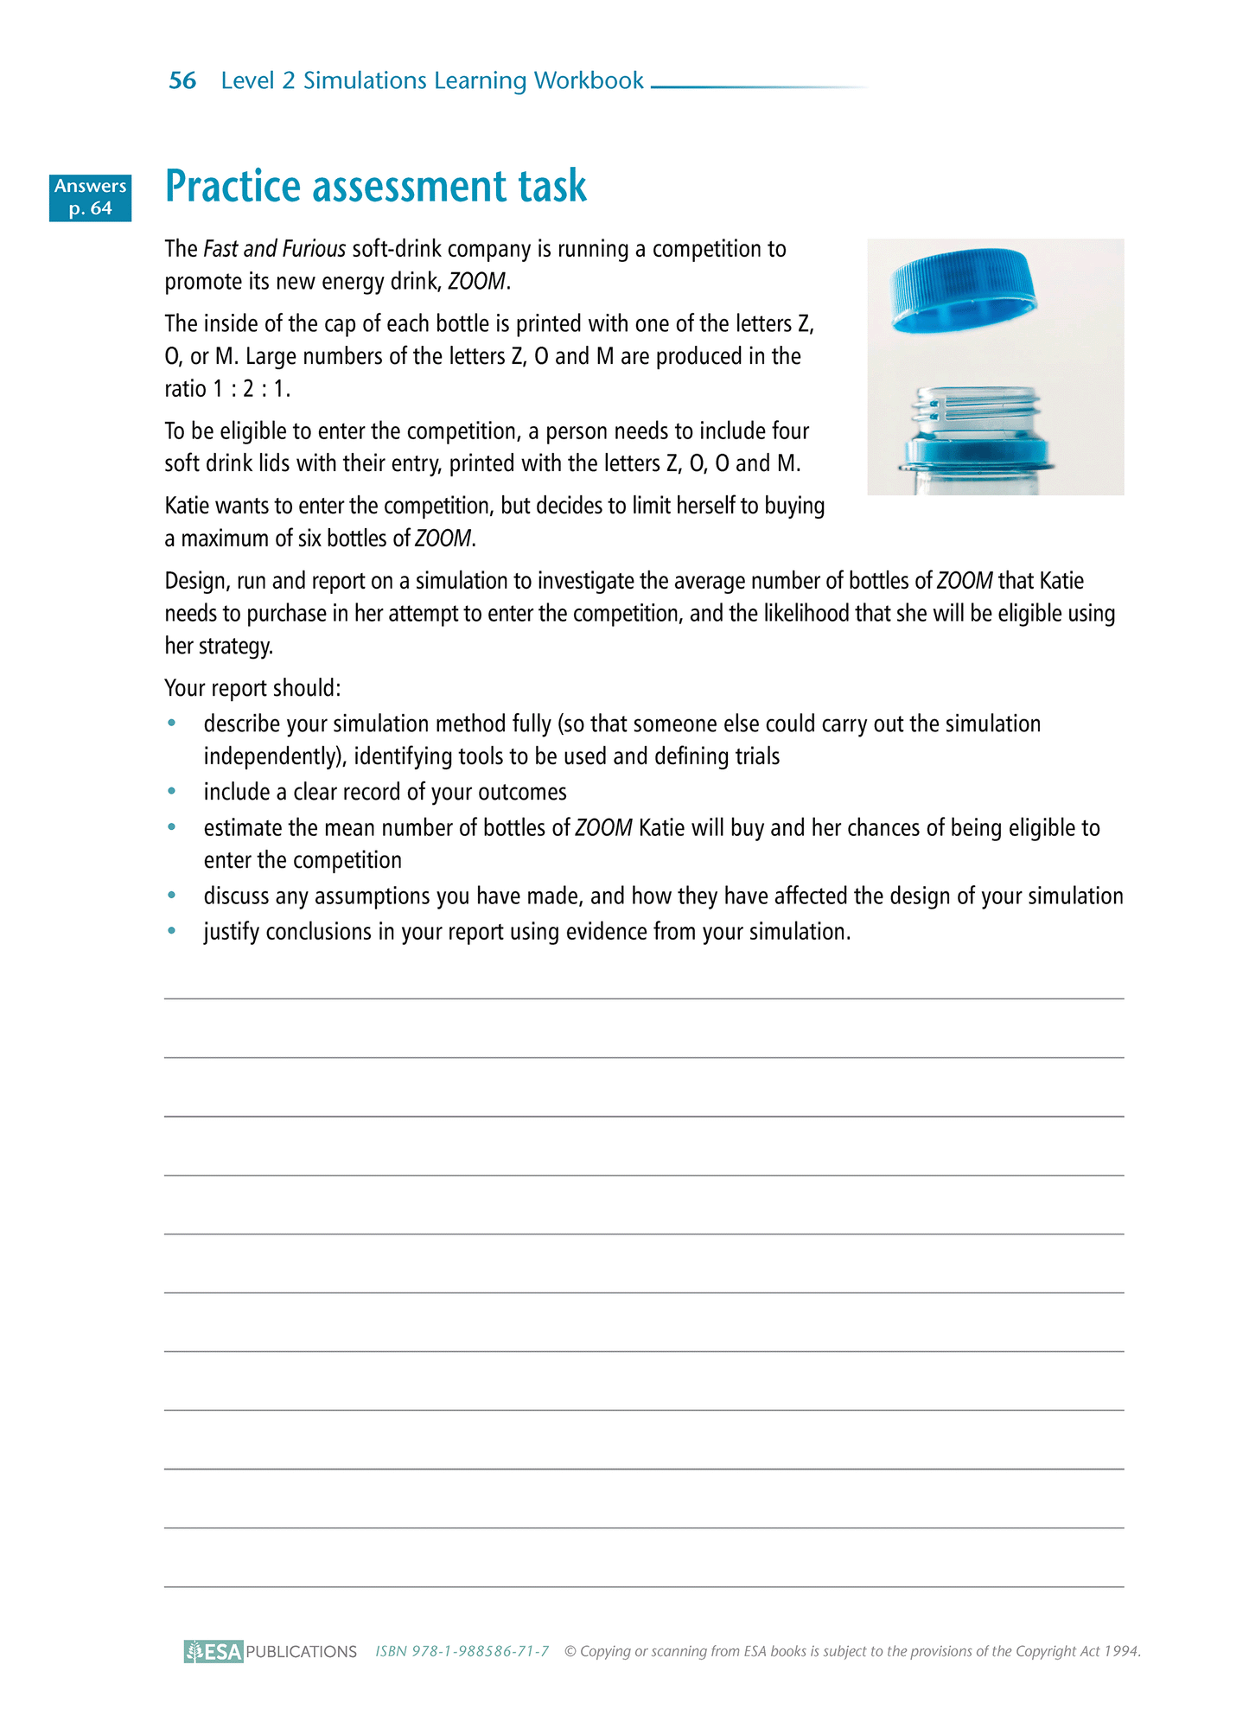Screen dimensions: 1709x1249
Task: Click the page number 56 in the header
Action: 182,80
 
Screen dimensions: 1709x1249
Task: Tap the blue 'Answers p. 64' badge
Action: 90,197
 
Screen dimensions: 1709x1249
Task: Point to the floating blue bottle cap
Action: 963,290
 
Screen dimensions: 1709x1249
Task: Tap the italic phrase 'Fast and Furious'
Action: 274,249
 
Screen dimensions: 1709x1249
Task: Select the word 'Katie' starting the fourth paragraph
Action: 187,506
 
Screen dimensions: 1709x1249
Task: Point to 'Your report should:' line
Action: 252,688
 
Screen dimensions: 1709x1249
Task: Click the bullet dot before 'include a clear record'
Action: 173,791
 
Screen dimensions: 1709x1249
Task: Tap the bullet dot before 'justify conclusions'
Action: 173,931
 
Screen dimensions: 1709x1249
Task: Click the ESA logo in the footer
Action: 213,1651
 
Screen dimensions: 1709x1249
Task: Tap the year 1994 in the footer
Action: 1122,1651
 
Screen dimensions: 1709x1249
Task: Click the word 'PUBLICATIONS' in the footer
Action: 301,1651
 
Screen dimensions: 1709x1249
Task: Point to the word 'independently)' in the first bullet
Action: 275,756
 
